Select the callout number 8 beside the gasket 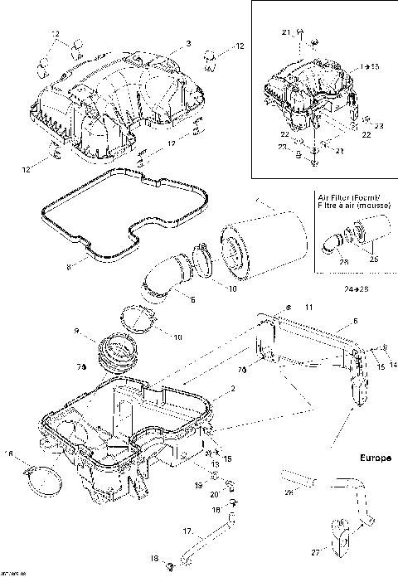pos(70,268)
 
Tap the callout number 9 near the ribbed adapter pos(78,331)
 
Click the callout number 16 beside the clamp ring pos(9,453)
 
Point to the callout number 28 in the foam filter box pos(343,261)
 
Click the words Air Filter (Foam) pos(351,196)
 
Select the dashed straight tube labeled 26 pos(296,478)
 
